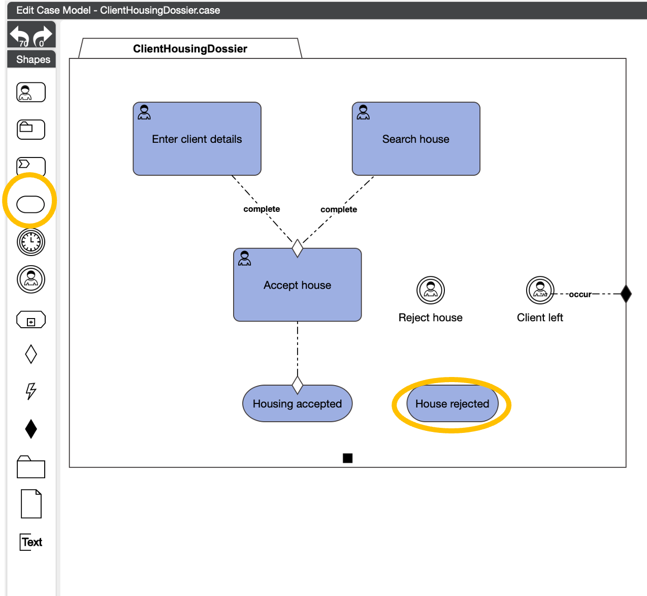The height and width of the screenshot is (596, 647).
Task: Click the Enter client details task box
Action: (197, 139)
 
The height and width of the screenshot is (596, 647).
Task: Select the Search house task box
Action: (416, 139)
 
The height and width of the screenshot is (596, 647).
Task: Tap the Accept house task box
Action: (297, 285)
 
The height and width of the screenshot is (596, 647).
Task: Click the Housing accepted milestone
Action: (297, 404)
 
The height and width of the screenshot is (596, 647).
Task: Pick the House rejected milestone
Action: (452, 404)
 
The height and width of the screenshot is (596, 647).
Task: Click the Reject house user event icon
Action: (431, 290)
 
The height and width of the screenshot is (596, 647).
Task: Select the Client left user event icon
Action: (540, 290)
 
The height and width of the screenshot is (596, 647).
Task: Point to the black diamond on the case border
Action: (626, 294)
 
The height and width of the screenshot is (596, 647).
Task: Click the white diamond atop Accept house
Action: (298, 248)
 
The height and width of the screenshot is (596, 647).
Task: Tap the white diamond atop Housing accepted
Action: (298, 385)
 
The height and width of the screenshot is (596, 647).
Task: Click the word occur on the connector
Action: (580, 294)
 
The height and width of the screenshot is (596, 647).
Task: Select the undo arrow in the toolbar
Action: (20, 36)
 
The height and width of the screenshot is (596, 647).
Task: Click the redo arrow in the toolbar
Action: (43, 36)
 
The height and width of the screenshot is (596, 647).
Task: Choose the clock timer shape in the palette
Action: (31, 242)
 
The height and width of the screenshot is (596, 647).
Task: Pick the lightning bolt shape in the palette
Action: (31, 391)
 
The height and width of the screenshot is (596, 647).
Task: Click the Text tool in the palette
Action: (31, 542)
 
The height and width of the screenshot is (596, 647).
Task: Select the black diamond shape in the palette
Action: (31, 429)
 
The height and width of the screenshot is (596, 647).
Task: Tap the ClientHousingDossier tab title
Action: (190, 49)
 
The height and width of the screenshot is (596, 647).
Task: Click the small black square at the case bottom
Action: (347, 458)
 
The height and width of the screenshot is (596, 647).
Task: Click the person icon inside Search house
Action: (363, 112)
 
